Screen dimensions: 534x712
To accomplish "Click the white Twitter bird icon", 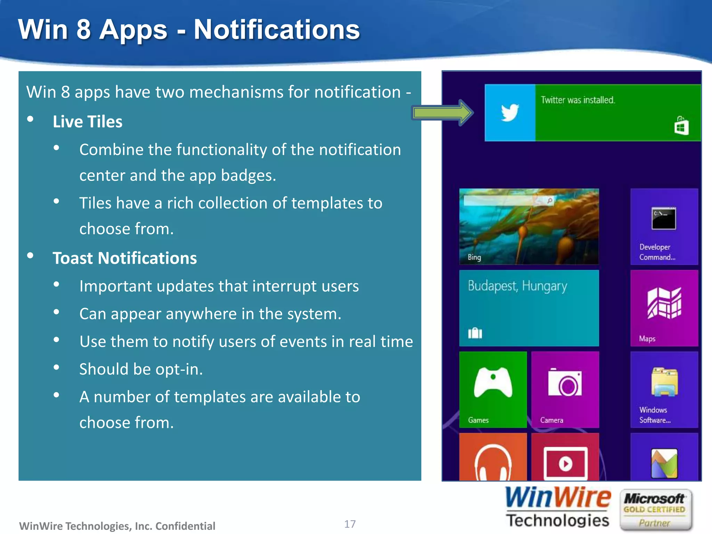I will [510, 113].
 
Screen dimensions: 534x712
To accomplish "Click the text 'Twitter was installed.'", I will [577, 100].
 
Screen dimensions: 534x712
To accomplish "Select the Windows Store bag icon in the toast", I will [681, 126].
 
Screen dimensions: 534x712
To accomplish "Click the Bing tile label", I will [474, 257].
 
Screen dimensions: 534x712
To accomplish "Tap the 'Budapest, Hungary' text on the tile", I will [517, 286].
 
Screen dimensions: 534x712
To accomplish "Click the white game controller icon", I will [493, 382].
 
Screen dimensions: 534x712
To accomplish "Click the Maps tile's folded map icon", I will [664, 303].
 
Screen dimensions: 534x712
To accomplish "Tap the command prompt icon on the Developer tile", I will [664, 219].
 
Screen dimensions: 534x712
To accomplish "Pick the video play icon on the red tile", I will [565, 463].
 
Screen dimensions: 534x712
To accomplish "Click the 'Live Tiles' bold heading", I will [87, 122].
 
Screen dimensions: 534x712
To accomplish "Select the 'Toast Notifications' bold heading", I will [124, 258].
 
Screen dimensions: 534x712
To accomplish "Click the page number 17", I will [350, 524].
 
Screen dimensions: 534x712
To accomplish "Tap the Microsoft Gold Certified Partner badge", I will [655, 510].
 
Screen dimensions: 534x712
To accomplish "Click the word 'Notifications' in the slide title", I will [276, 30].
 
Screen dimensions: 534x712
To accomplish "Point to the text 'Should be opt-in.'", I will [141, 369].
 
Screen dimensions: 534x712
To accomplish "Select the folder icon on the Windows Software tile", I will [664, 382].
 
